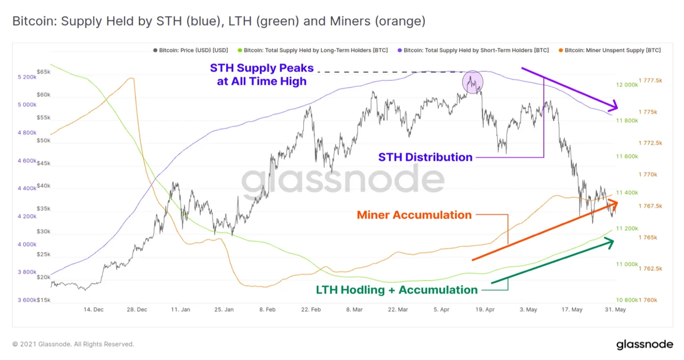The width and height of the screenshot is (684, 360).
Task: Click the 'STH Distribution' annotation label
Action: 425,157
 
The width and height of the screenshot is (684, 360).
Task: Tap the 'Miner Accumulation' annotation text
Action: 414,215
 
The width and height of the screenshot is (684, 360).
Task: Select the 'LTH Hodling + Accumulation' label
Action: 397,290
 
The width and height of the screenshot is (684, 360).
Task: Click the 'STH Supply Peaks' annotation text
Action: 262,68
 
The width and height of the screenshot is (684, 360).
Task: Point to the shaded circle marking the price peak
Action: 473,82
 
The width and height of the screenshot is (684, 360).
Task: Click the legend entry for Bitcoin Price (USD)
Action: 191,50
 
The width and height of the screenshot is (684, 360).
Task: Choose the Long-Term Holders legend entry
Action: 313,50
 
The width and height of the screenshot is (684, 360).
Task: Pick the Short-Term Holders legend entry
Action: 473,50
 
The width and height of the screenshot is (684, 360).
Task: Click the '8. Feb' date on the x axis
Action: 267,310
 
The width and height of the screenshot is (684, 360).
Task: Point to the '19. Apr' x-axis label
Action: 485,310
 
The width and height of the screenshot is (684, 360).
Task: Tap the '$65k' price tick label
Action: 44,72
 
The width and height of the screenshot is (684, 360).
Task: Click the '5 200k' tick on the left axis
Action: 27,77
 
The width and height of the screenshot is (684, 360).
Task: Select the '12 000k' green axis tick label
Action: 627,85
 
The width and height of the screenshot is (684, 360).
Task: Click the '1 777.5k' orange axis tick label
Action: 650,81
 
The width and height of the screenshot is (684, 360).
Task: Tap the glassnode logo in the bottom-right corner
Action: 644,345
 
